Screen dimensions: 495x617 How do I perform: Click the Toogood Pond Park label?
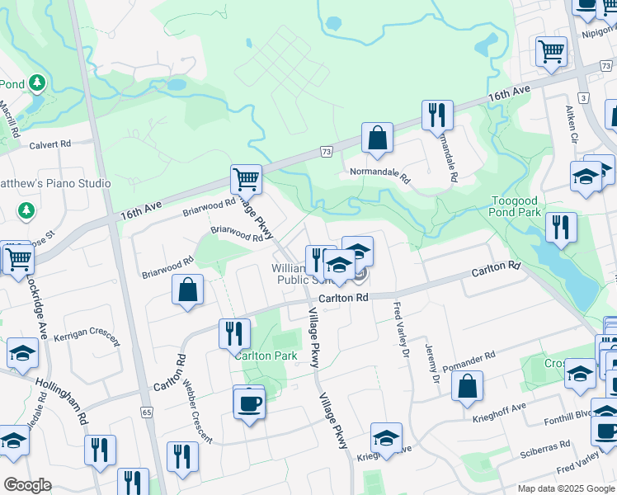pos(527,206)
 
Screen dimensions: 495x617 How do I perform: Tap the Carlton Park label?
pos(266,356)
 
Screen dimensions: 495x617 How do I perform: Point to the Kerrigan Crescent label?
pos(87,339)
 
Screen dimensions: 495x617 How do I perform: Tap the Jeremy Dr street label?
pos(431,365)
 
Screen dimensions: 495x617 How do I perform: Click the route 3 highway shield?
pos(583,97)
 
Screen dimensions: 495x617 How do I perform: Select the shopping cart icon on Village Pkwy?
pos(246,178)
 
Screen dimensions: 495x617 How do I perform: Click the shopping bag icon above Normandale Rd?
pos(377,138)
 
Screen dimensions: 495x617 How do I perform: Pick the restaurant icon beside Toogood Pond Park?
pos(560,227)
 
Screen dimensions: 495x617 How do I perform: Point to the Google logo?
pos(27,486)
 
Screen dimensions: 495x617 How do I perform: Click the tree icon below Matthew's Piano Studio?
pos(26,211)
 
